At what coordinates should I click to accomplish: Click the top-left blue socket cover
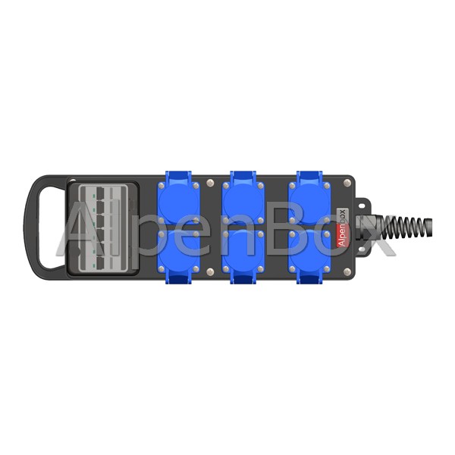[x=178, y=201]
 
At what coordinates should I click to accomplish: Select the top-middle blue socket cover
[x=243, y=201]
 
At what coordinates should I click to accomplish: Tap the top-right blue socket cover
[x=309, y=201]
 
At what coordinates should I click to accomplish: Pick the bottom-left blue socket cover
[x=178, y=252]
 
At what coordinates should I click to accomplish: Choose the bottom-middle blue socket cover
[x=243, y=252]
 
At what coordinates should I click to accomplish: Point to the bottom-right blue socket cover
[x=309, y=252]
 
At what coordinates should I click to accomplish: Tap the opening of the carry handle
[x=50, y=227]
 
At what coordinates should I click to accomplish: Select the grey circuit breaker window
[x=103, y=229]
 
